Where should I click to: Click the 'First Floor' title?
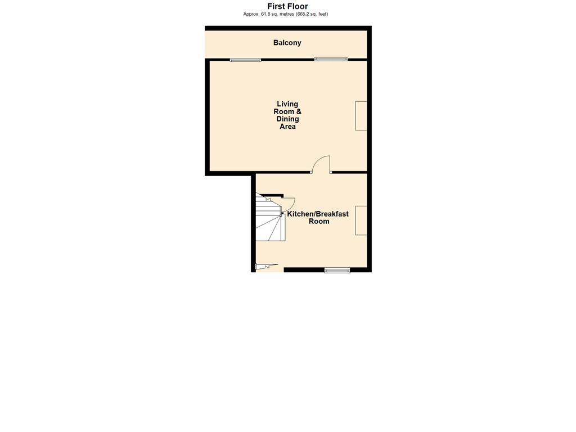coord(287,6)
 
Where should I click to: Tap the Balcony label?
coord(287,43)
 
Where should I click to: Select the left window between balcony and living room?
coord(245,60)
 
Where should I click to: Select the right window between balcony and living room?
coord(331,59)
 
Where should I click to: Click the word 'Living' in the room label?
coord(287,104)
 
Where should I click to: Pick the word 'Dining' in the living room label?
coord(287,119)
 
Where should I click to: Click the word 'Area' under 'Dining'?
coord(287,127)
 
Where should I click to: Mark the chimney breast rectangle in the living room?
coord(361,116)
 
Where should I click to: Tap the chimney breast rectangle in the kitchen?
coord(361,220)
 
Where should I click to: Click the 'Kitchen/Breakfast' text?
coord(318,214)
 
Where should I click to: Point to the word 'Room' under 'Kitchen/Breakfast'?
coord(319,222)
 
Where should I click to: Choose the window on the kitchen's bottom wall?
coord(337,271)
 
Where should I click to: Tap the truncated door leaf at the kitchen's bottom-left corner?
coord(267,267)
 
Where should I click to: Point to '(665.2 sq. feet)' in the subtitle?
coord(312,14)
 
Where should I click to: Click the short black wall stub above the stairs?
coord(272,195)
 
